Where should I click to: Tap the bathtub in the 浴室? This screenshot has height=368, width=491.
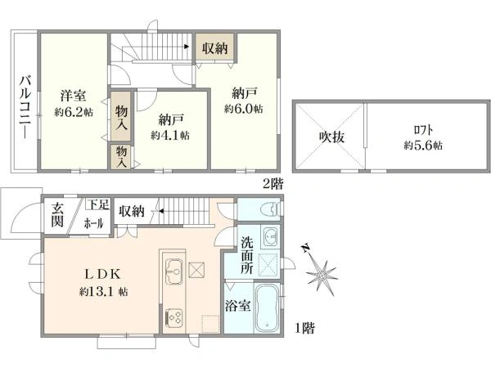tap(266, 308)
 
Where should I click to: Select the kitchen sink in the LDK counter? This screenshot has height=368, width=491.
tap(173, 272)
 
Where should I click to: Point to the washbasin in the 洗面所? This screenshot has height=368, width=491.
tap(270, 237)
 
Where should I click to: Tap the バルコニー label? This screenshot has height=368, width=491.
tap(25, 107)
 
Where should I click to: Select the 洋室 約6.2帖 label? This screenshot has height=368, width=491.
tap(74, 103)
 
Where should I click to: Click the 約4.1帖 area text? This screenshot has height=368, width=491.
tap(170, 136)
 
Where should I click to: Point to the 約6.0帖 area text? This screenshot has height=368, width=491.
tap(244, 109)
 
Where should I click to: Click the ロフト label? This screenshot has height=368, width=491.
tap(423, 130)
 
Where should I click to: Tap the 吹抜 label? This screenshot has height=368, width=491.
tap(331, 137)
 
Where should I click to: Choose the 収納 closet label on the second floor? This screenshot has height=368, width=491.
tap(214, 48)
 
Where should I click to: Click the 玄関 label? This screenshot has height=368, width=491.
tap(57, 214)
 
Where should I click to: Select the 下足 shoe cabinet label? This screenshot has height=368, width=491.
tap(98, 204)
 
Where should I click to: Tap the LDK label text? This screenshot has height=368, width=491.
tap(103, 275)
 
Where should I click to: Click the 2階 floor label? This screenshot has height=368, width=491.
tap(273, 184)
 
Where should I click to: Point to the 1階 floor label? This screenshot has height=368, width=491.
tap(304, 328)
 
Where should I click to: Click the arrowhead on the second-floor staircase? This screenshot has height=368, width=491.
tap(187, 47)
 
